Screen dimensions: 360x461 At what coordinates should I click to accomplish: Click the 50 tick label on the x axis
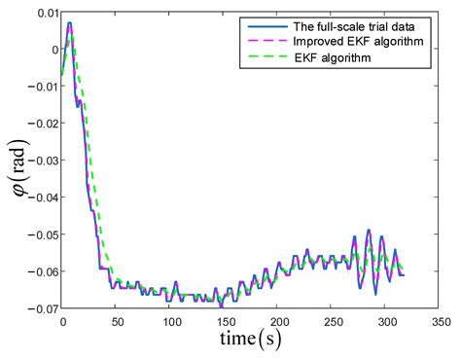(x=116, y=320)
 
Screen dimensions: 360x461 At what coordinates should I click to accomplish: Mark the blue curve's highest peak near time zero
(x=69, y=22)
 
